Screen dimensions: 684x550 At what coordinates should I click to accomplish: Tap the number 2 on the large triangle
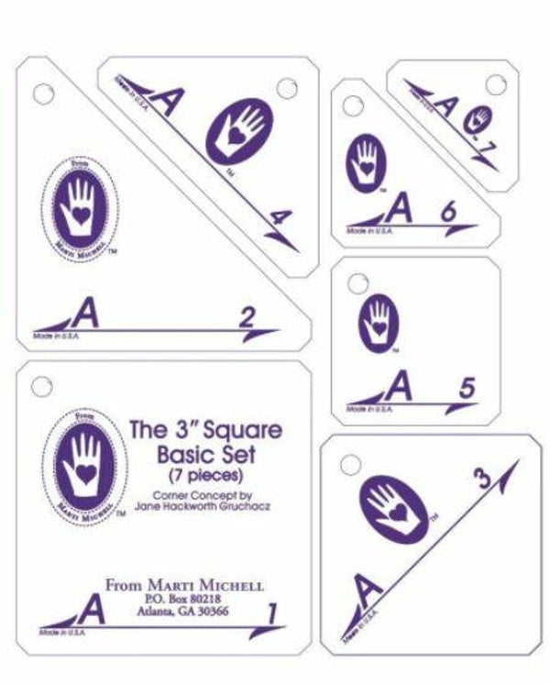246,318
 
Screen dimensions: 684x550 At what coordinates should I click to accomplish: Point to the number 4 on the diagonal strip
282,218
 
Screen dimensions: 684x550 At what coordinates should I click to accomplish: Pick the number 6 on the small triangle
448,211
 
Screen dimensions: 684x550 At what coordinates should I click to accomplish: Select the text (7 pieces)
204,475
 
